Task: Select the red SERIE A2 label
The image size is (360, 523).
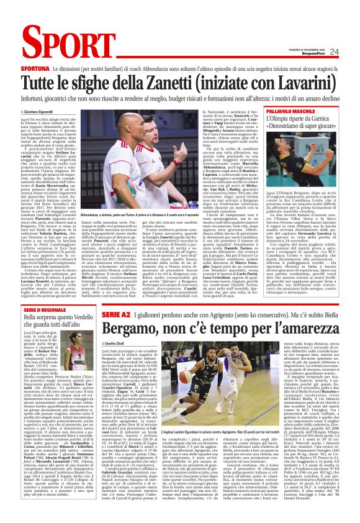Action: pyautogui.click(x=113, y=315)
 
